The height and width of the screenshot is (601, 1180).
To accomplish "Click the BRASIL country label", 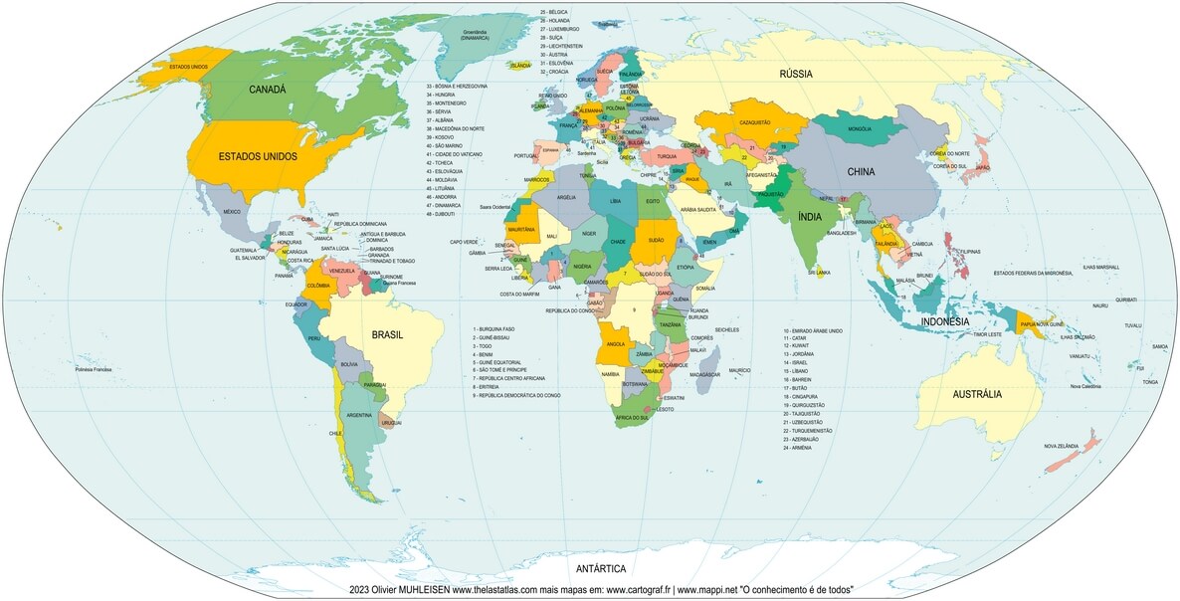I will tap(387, 335).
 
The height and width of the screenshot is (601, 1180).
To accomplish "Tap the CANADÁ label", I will tap(267, 90).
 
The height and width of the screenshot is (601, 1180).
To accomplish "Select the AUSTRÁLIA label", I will tap(977, 394).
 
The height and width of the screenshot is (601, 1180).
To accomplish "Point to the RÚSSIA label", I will tap(796, 74).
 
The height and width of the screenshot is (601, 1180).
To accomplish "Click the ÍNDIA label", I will tap(809, 216).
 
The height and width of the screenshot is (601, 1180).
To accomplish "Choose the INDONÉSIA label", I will tap(944, 322).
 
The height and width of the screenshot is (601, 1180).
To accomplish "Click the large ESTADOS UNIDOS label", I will tap(258, 157).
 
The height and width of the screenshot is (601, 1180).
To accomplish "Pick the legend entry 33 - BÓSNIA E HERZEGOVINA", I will tap(457, 87).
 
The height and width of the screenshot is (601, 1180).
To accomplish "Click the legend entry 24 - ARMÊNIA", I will tap(798, 448).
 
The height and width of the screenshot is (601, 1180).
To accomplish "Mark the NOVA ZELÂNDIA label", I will tap(1062, 447).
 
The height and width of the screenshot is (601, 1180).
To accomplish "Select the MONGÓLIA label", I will tap(860, 130).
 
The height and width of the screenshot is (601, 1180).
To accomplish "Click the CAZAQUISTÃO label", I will tap(754, 121).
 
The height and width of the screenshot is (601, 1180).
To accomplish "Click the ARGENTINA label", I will tap(359, 415).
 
